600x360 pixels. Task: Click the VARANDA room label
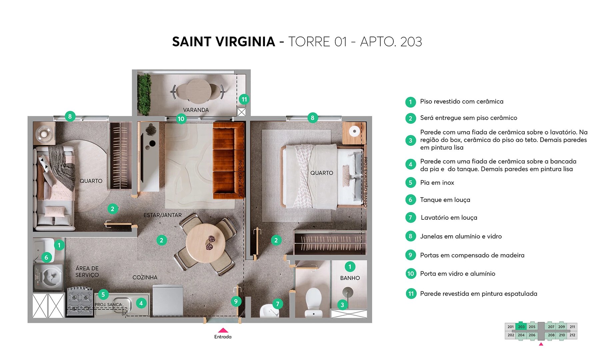coord(196,110)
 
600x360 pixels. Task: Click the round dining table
coord(205,243)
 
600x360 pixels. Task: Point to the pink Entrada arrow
coord(223,330)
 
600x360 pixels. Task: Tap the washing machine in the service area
coord(49,277)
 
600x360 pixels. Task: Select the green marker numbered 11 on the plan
coord(244,99)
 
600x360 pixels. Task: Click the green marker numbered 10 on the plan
coord(181,119)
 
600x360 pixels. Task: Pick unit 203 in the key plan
coord(521,327)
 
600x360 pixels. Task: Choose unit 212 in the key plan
coord(572,335)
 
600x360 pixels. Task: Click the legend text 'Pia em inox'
coord(437,183)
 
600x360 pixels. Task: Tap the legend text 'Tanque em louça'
coord(445,200)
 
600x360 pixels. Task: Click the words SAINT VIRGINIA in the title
coord(223,42)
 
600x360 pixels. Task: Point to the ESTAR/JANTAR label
coord(163,215)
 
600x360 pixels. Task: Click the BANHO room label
coord(350,278)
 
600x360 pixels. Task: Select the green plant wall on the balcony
coord(144,95)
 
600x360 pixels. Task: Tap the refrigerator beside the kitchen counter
coord(168,300)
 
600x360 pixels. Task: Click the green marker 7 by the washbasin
coord(277,304)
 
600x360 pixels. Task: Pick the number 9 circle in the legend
coord(410,255)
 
